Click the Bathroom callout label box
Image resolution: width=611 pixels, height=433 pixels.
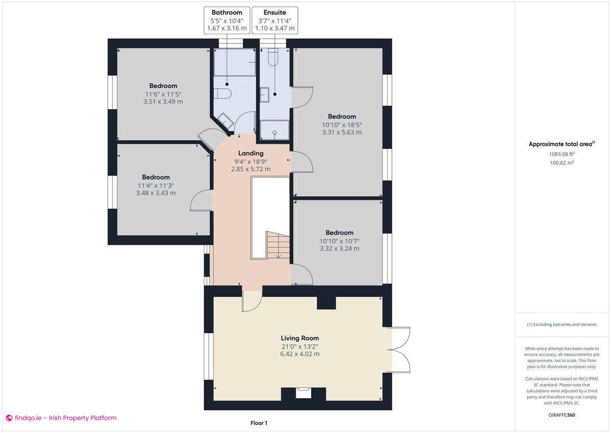[x=227, y=20]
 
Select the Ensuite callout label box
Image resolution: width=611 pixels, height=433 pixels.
[x=274, y=20]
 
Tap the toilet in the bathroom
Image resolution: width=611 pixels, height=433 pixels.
[x=223, y=93]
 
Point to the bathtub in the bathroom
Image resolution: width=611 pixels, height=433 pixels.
[x=234, y=62]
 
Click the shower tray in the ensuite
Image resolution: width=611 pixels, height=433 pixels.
[x=274, y=130]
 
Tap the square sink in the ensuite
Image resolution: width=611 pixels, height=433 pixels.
[x=265, y=94]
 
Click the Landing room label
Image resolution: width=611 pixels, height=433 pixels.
[x=251, y=153]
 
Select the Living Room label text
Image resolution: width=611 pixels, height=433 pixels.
[x=299, y=338]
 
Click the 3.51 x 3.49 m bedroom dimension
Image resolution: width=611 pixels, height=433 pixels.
[x=163, y=101]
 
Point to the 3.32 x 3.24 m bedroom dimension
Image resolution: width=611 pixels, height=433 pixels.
[x=339, y=248]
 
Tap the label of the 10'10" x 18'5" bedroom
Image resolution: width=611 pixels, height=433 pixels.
[x=342, y=116]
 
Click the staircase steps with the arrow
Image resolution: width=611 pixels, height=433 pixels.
[x=278, y=245]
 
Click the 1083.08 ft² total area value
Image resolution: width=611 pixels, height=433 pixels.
[x=561, y=154]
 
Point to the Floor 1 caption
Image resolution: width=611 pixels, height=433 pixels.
[x=259, y=423]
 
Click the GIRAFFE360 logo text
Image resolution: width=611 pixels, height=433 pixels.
[x=561, y=415]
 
